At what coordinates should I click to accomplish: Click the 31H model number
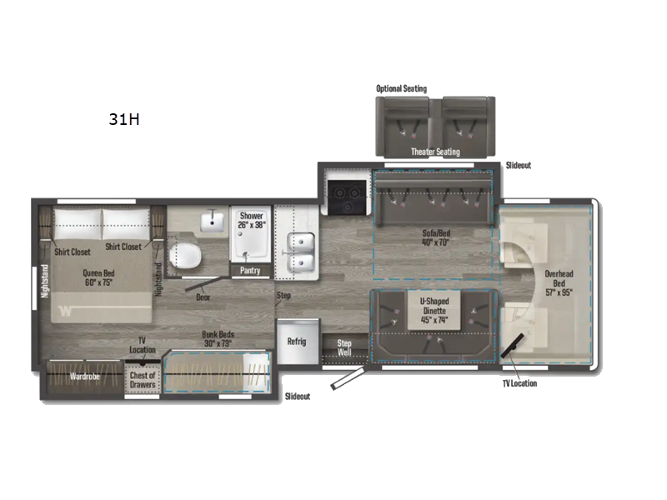click(x=123, y=119)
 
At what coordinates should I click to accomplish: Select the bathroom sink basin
click(x=213, y=221)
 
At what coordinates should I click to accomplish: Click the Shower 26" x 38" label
click(x=252, y=220)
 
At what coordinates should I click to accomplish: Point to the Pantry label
click(x=250, y=270)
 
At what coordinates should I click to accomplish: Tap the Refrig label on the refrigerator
click(x=297, y=342)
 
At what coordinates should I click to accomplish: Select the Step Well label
click(x=344, y=347)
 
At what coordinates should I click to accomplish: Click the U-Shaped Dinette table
click(x=434, y=310)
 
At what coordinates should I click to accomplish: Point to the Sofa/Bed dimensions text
click(x=435, y=242)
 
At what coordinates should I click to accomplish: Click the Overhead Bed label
click(x=559, y=278)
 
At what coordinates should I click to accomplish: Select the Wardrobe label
click(x=85, y=377)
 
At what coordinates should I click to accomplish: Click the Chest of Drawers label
click(x=143, y=380)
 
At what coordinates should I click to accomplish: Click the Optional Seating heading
click(x=401, y=88)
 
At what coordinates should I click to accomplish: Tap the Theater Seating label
click(x=435, y=152)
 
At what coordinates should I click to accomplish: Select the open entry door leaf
click(x=348, y=379)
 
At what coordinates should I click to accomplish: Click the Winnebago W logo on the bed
click(x=65, y=311)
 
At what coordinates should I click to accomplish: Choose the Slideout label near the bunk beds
click(x=298, y=397)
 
